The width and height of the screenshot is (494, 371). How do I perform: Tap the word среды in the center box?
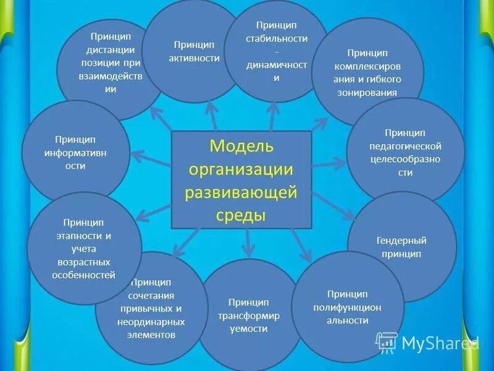tap(241, 215)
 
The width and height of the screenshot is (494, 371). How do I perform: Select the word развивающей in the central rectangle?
tap(241, 192)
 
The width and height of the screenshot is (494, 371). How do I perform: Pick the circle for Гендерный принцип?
tap(402, 246)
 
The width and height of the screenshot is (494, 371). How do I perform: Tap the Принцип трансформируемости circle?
tap(248, 315)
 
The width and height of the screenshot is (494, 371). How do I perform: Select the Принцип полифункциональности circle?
tap(348, 307)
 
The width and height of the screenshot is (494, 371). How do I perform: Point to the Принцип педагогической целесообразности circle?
tap(405, 152)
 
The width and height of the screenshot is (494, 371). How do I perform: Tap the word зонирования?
tap(367, 92)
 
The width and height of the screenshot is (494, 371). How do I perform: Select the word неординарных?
tap(151, 322)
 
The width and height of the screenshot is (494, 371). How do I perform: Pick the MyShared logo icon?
tap(387, 342)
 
